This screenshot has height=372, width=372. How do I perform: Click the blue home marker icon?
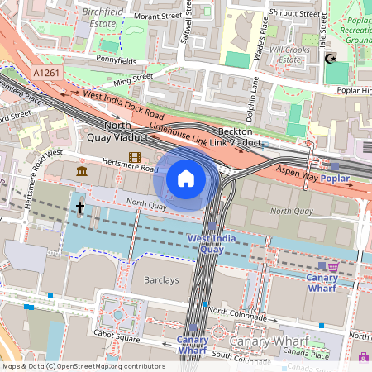pos(186,179)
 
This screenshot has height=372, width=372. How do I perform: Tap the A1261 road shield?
pos(47,74)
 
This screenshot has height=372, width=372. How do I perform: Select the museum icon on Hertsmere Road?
pos(83,171)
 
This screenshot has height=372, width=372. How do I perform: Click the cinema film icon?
pos(134,157)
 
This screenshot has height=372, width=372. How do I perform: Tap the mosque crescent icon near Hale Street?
pos(331,60)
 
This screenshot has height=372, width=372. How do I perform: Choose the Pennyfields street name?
pos(117,60)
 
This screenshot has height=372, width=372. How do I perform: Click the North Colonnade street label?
pos(240,312)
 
